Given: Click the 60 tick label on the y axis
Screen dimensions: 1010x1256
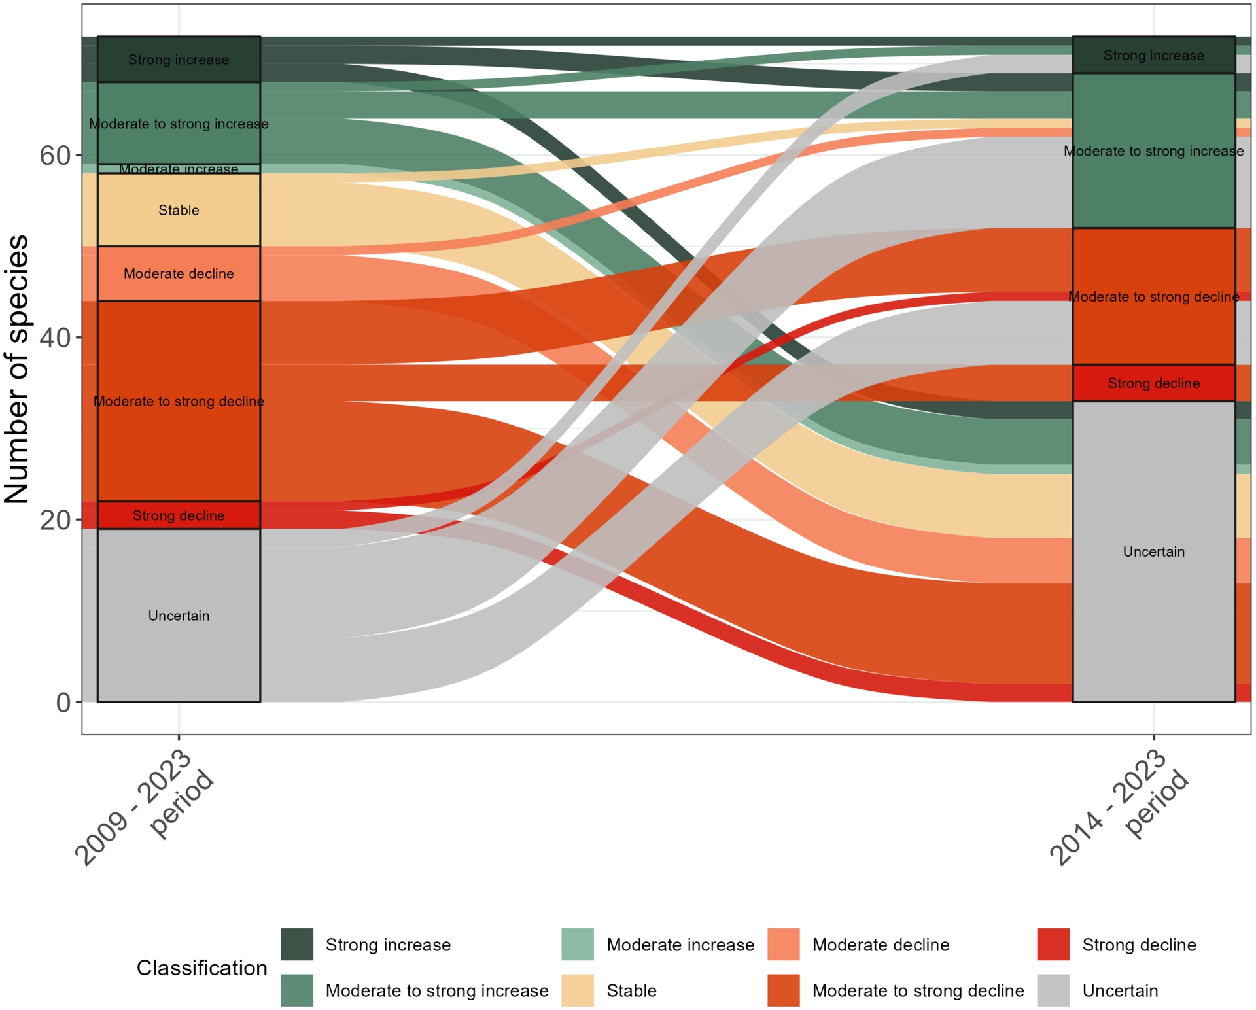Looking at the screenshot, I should (x=54, y=156).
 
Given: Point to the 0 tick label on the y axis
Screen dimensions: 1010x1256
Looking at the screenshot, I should (x=63, y=703).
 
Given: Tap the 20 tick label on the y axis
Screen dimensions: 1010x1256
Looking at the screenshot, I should (x=54, y=520).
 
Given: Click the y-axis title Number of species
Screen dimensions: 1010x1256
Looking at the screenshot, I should (x=17, y=369).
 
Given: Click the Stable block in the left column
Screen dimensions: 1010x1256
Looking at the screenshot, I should (x=179, y=210).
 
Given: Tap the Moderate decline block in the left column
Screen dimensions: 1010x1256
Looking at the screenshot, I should (x=179, y=273).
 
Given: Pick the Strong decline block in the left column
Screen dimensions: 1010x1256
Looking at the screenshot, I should (x=179, y=515).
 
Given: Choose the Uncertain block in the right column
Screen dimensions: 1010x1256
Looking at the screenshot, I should (x=1153, y=551).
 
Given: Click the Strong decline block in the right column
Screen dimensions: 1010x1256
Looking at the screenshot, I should (x=1153, y=383).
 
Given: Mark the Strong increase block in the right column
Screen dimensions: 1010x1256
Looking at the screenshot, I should (x=1153, y=56).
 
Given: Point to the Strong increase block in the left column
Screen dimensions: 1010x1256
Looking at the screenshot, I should (x=179, y=60).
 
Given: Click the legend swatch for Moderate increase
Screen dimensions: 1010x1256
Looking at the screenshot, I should (x=578, y=944).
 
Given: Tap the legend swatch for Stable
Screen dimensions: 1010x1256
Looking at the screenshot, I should (x=578, y=990).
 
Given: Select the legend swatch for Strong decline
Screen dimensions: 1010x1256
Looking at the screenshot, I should (x=1053, y=944).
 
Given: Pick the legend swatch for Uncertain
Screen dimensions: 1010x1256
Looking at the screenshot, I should (x=1053, y=990).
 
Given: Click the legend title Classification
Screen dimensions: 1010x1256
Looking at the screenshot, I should (x=201, y=967).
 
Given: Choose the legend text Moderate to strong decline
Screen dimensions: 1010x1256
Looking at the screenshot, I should (x=918, y=990).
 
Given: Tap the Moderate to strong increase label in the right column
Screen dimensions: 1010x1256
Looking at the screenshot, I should (x=1153, y=151).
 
